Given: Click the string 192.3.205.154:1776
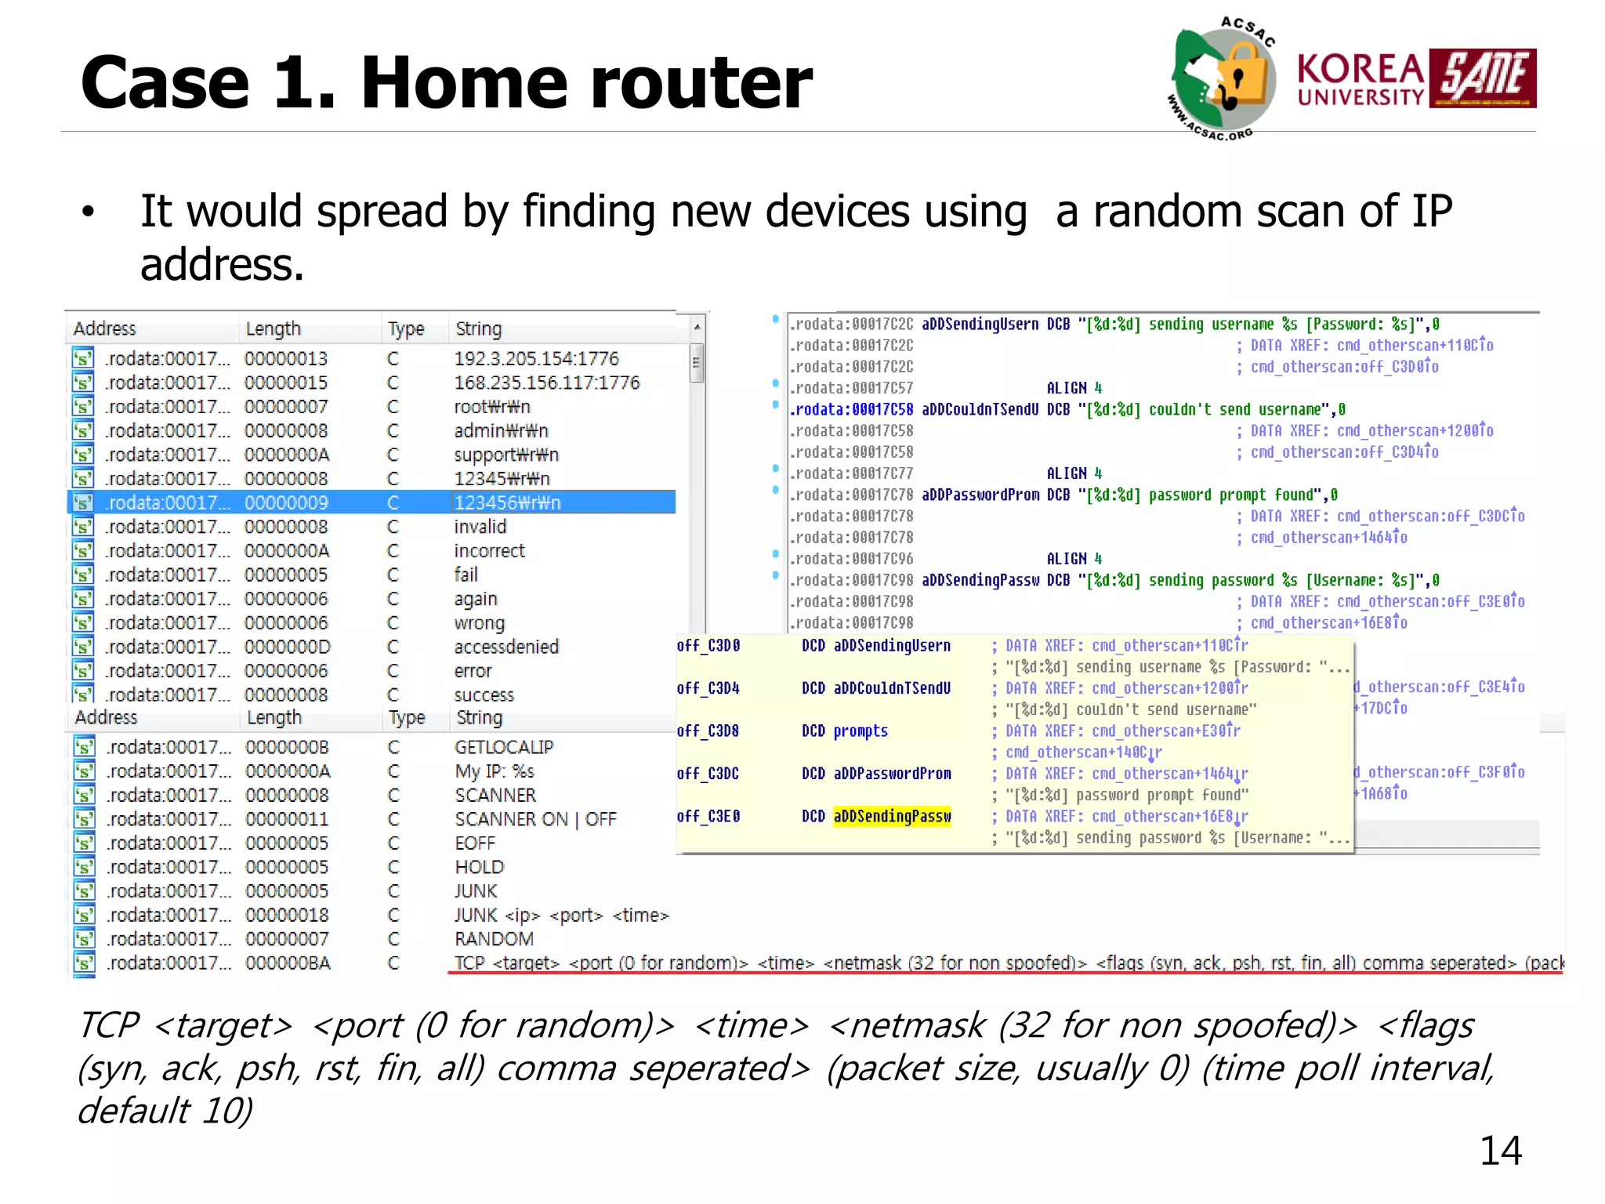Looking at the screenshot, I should pyautogui.click(x=536, y=358).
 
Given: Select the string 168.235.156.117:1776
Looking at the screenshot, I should pyautogui.click(x=546, y=383).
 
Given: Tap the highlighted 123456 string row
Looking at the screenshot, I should pyautogui.click(x=507, y=502).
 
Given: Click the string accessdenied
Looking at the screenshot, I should pyautogui.click(x=506, y=647).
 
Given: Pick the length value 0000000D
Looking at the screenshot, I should pyautogui.click(x=287, y=647).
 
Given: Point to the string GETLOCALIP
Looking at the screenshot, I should pyautogui.click(x=504, y=747).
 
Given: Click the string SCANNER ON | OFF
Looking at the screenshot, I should pyautogui.click(x=535, y=819).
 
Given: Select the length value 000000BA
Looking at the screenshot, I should pyautogui.click(x=288, y=963).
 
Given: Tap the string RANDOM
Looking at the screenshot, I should pyautogui.click(x=494, y=939).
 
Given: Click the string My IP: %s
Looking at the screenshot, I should pyautogui.click(x=495, y=771).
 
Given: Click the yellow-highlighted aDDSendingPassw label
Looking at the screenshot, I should pyautogui.click(x=892, y=816).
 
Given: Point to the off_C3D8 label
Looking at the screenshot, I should pyautogui.click(x=708, y=731).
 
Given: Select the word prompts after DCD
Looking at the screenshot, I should pyautogui.click(x=860, y=731).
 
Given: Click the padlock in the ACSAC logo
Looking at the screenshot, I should pyautogui.click(x=1244, y=72).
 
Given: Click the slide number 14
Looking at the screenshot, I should pyautogui.click(x=1500, y=1151).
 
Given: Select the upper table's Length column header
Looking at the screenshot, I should pyautogui.click(x=273, y=328).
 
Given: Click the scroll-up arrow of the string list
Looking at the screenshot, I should pyautogui.click(x=697, y=326).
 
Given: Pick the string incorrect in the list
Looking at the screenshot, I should pyautogui.click(x=489, y=551).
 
